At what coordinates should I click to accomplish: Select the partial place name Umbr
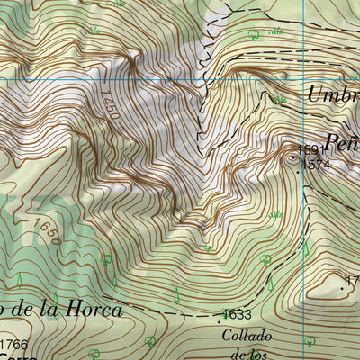(x=332, y=94)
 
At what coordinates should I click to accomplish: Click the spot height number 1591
(x=310, y=150)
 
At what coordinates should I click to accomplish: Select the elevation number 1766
(x=14, y=345)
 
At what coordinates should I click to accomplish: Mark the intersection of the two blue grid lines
(x=304, y=79)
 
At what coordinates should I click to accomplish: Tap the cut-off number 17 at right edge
(x=354, y=283)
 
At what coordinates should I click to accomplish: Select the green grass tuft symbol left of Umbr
(x=282, y=99)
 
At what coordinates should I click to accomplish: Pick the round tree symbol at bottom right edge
(x=310, y=341)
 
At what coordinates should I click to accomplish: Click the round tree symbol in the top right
(x=255, y=35)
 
